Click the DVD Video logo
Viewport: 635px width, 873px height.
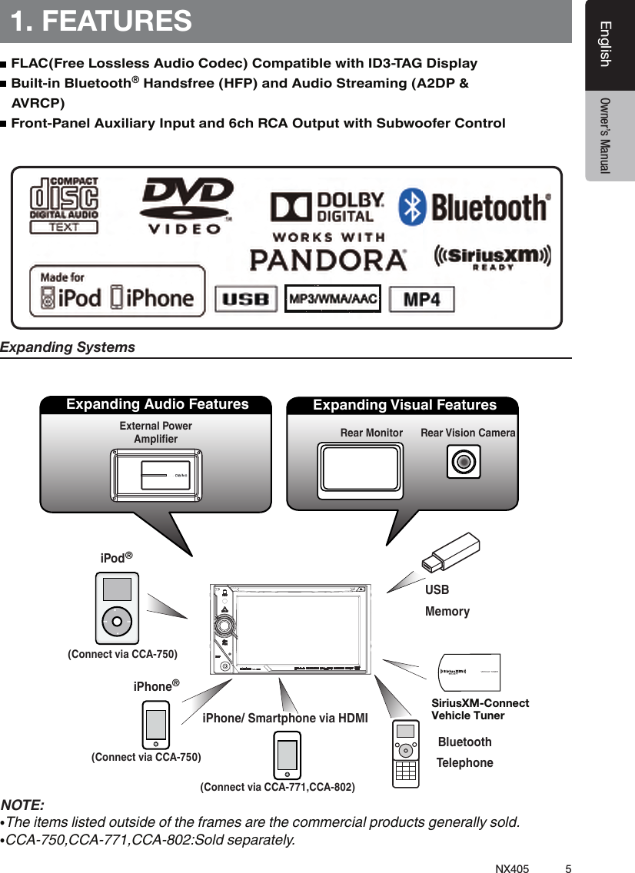[x=186, y=204]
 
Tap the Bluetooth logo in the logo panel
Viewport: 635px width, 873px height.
[x=474, y=207]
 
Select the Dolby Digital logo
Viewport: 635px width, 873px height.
[x=326, y=207]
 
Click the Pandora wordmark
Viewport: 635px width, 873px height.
[x=328, y=259]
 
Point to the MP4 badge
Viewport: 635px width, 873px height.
[x=421, y=300]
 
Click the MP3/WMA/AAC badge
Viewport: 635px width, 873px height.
[x=332, y=299]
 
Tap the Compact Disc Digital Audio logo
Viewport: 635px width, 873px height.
[x=64, y=204]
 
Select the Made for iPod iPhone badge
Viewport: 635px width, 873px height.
[x=117, y=291]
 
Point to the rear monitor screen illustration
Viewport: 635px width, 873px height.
[x=361, y=471]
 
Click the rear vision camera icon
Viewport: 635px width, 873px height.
[x=463, y=462]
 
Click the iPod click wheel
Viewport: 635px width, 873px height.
[x=117, y=620]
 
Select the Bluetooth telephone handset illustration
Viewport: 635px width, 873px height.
[x=406, y=753]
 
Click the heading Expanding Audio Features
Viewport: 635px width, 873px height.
[x=158, y=404]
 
